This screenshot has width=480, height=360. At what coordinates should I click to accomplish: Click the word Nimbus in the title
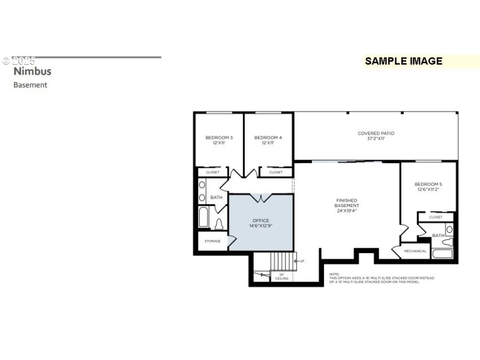(x=32, y=71)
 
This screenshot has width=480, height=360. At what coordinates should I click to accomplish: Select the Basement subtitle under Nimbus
(x=30, y=85)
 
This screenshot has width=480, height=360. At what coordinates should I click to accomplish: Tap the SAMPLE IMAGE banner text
(x=403, y=61)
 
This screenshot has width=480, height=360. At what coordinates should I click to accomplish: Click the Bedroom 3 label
(x=218, y=137)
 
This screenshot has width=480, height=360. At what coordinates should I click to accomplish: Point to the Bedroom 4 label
(x=268, y=137)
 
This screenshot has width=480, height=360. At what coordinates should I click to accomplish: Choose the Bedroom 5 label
(x=428, y=184)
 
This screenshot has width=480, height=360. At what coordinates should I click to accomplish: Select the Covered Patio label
(x=376, y=133)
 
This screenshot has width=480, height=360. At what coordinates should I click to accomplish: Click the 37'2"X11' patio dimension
(x=376, y=139)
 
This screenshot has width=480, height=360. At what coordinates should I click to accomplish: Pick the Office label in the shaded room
(x=260, y=220)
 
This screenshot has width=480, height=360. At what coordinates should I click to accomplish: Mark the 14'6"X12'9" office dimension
(x=260, y=226)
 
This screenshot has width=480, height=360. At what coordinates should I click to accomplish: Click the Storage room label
(x=212, y=241)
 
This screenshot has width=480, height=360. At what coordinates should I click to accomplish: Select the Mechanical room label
(x=415, y=251)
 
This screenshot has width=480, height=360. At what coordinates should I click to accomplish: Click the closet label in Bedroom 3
(x=212, y=172)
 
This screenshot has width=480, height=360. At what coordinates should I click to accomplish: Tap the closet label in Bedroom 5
(x=436, y=217)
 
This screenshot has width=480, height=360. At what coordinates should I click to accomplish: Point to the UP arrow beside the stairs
(x=302, y=261)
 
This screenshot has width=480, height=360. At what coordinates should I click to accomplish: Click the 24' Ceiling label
(x=281, y=277)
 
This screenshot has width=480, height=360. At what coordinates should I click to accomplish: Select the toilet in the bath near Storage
(x=219, y=224)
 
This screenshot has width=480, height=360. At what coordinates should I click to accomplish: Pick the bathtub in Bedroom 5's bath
(x=442, y=253)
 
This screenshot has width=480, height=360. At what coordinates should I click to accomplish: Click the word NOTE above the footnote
(x=334, y=274)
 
